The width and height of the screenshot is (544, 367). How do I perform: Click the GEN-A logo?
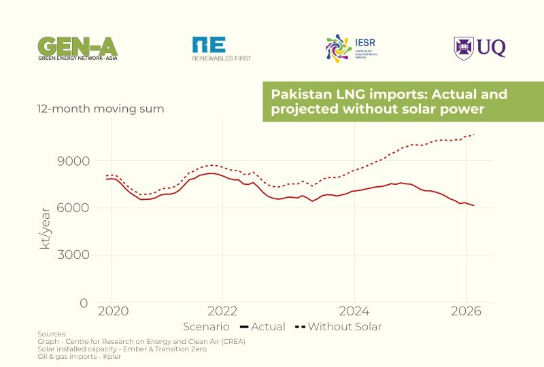(x=78, y=48)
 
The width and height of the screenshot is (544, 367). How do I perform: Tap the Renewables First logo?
(x=221, y=49)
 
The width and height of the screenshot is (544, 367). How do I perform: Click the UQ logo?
(x=480, y=48)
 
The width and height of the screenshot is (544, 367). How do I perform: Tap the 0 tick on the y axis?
(x=84, y=302)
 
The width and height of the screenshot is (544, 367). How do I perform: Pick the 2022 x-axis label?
(x=222, y=312)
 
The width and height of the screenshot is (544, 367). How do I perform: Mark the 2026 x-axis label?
(x=466, y=312)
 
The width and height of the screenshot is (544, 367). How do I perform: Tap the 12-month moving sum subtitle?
(x=100, y=109)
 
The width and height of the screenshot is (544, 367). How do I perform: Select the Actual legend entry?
(x=263, y=327)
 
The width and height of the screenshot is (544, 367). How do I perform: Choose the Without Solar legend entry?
(x=338, y=327)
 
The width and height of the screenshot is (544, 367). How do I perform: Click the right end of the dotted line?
(x=474, y=135)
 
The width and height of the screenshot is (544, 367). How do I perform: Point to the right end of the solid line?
(x=474, y=205)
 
